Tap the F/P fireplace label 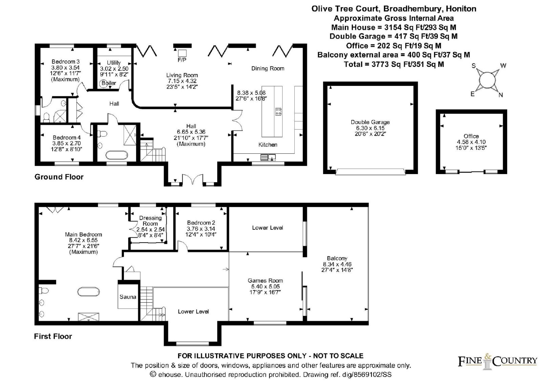pos(182,60)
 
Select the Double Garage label pos(370,122)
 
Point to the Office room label pos(471,136)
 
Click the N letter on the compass pos(501,95)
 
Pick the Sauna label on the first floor pos(128,297)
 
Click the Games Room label pos(265,281)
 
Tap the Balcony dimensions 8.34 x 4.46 pos(337,264)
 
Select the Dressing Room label pos(150,221)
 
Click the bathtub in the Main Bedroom pos(88,292)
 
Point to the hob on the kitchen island pos(278,112)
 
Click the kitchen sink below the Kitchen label pos(268,157)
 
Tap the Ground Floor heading pos(59,177)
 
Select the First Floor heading pos(53,336)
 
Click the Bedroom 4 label pos(66,138)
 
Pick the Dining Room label pos(268,69)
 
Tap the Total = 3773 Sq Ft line pos(394,64)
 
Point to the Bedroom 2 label pos(201,223)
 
